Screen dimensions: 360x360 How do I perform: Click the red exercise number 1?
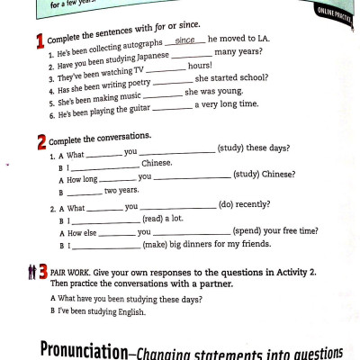coord(40,41)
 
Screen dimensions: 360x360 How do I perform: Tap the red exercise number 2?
coord(41,141)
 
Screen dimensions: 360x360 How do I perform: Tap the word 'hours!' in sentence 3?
coord(200,67)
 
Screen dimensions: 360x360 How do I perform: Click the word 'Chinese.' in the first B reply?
coord(157,164)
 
